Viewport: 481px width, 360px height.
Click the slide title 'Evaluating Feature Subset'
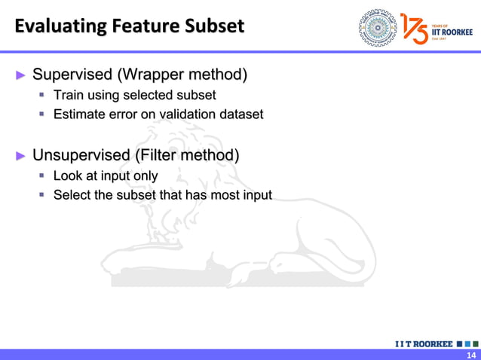click(129, 26)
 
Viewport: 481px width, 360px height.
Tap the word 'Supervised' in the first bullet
click(72, 75)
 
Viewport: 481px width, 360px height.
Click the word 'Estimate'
click(78, 114)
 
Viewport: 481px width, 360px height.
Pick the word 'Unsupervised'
click(81, 156)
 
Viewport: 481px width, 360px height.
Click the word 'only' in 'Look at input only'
click(144, 176)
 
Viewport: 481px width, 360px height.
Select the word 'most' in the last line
click(219, 196)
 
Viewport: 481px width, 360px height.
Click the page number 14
click(471, 355)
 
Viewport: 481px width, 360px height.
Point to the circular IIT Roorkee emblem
click(377, 27)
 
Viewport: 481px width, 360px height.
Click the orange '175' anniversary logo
click(414, 28)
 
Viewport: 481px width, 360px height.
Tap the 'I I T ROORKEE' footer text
click(424, 343)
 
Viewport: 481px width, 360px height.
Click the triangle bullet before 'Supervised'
click(21, 75)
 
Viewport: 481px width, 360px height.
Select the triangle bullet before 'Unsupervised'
click(21, 157)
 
